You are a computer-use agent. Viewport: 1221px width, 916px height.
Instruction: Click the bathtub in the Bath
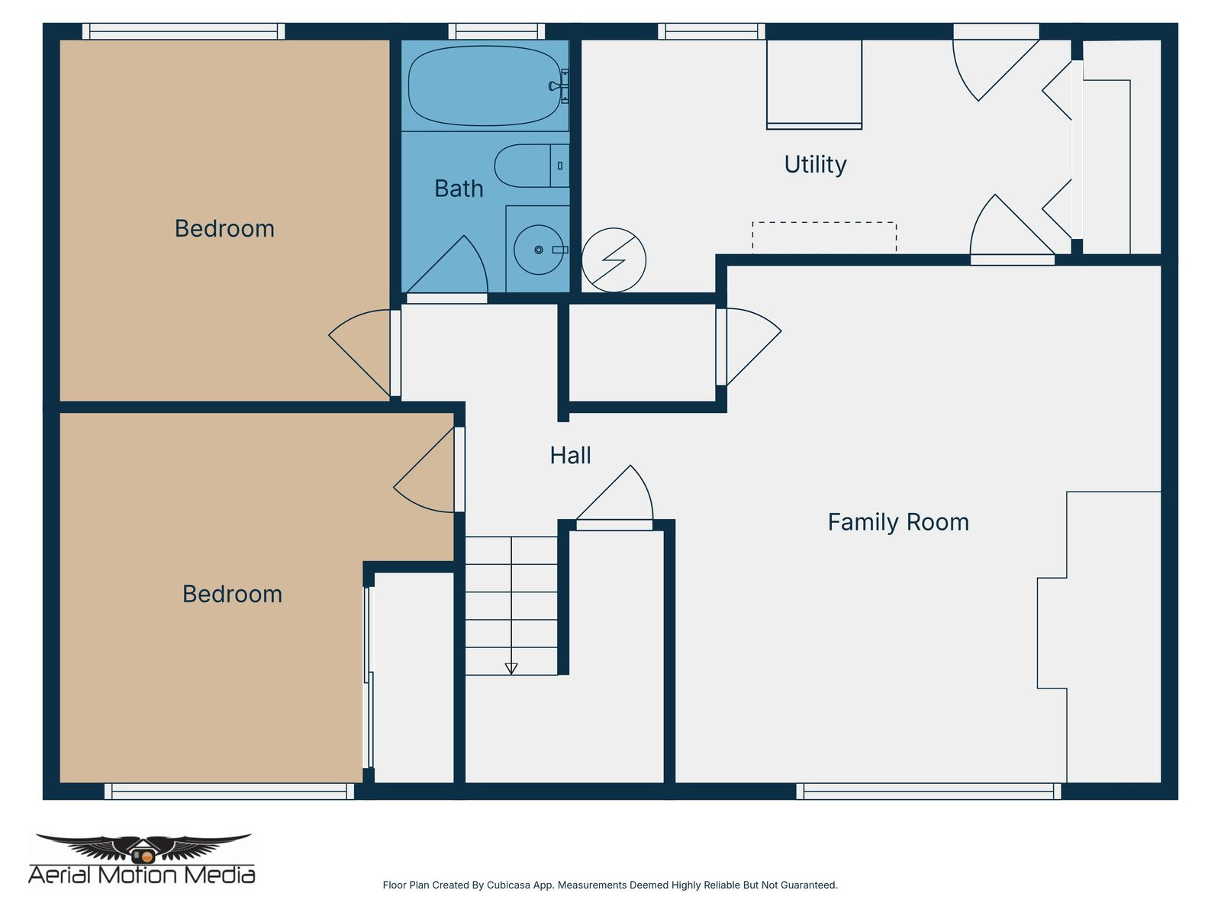(485, 85)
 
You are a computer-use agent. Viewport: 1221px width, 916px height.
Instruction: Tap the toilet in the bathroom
(530, 166)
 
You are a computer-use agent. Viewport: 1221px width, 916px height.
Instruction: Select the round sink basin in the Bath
(538, 250)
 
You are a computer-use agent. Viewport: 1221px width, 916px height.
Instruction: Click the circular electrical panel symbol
(614, 260)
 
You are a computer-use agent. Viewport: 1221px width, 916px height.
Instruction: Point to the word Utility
(815, 164)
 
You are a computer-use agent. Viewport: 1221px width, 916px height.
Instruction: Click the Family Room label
(898, 522)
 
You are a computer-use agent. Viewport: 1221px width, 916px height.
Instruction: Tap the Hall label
(570, 456)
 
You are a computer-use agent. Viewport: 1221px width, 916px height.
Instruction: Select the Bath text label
(459, 189)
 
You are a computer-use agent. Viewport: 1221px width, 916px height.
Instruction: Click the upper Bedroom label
(224, 228)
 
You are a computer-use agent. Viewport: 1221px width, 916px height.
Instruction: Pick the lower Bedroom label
(232, 594)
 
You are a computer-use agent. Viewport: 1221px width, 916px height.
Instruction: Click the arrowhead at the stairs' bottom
(511, 669)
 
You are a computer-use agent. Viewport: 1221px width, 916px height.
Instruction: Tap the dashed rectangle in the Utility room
(823, 237)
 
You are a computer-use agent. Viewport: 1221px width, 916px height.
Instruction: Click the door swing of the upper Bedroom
(359, 347)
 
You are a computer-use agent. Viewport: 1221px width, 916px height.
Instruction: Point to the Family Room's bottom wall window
(928, 792)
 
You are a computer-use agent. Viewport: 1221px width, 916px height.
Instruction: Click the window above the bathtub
(496, 31)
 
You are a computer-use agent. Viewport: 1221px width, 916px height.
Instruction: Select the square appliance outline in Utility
(813, 84)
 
